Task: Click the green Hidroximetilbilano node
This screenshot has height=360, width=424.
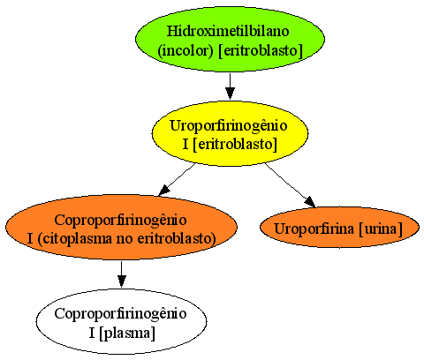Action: coord(230,39)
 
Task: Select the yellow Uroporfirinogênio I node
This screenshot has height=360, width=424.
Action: coord(230,133)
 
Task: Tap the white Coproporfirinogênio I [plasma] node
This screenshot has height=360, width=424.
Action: coord(121,321)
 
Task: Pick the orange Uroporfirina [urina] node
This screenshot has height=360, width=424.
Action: coord(339,228)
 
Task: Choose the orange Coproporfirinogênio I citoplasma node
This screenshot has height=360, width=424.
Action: coord(121,228)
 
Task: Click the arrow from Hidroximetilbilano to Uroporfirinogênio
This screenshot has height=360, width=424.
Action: coord(230,86)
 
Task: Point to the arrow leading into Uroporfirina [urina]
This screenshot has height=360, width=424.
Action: coord(290,185)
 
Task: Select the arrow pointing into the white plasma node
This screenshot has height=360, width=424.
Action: coord(121,274)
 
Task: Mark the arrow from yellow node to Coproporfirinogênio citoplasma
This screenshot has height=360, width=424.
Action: coord(177,179)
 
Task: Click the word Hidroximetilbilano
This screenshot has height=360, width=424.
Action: coord(228,31)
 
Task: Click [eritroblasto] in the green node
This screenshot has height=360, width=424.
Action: coord(261,51)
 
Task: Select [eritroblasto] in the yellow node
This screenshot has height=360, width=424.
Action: coord(235,145)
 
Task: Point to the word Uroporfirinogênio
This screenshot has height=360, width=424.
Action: coord(229,126)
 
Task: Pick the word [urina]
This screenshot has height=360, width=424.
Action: coord(381,229)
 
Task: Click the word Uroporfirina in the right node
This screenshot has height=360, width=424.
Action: coord(314,229)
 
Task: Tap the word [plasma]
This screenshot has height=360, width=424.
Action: coord(127,334)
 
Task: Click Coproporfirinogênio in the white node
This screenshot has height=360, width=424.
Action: coord(120,314)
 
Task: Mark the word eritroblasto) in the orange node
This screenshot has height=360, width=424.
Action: coord(177,239)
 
